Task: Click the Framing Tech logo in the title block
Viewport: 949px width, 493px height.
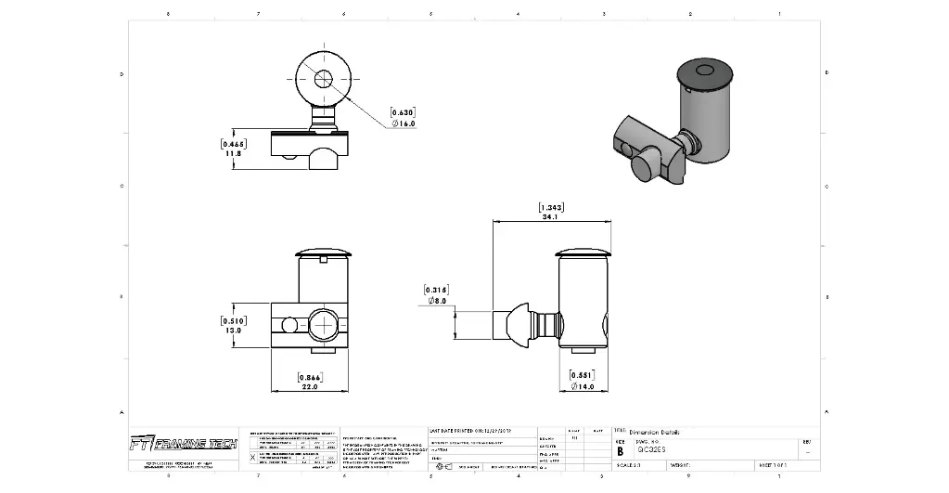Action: click(x=183, y=444)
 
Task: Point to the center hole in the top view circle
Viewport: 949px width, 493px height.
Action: click(x=323, y=79)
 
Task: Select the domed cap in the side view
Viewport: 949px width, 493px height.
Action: click(x=583, y=252)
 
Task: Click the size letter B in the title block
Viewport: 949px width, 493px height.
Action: click(x=621, y=450)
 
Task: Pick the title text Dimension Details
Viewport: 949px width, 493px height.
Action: click(x=655, y=433)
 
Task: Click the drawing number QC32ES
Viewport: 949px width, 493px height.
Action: click(x=651, y=450)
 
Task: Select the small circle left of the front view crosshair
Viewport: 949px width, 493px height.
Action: click(x=289, y=325)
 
